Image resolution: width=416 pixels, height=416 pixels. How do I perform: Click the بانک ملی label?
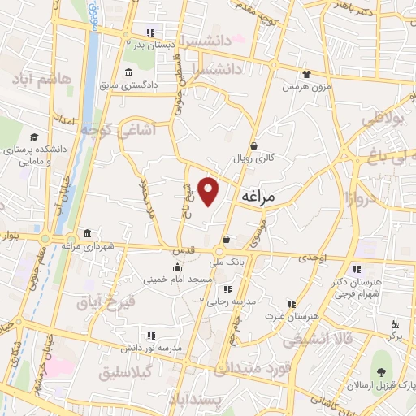coord(227,262)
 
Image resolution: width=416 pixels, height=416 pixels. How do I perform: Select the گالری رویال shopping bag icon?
coord(254,146)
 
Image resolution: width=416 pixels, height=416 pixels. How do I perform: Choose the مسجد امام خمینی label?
coord(178,279)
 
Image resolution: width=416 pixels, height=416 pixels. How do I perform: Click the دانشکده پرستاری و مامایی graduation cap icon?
coord(34,136)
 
